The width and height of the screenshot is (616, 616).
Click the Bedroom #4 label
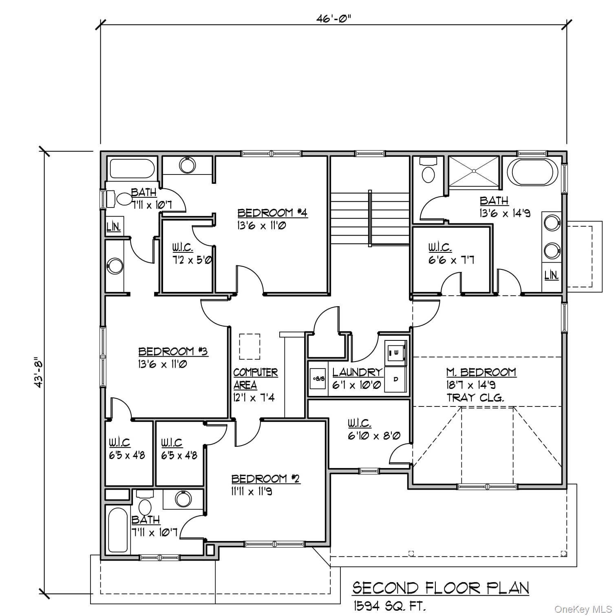tap(272, 213)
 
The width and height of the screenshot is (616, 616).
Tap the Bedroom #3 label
tap(173, 351)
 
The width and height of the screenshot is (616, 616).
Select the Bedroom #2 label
tap(265, 479)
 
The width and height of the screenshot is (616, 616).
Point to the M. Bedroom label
tap(481, 372)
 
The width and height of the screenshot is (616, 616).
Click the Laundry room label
tap(357, 372)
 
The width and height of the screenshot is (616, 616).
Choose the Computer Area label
tap(255, 378)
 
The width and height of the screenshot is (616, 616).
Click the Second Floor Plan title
tap(441, 588)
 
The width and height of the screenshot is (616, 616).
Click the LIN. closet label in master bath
tap(551, 275)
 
